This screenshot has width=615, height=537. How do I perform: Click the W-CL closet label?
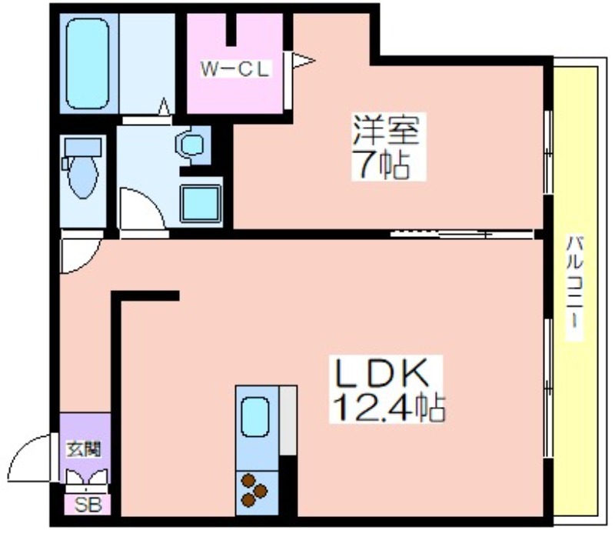[234, 69]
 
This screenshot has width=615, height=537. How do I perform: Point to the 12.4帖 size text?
[387, 408]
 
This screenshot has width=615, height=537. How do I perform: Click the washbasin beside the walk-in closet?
[190, 143]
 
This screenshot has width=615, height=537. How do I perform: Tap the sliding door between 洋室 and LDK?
[461, 232]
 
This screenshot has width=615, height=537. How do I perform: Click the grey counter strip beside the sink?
[287, 420]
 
